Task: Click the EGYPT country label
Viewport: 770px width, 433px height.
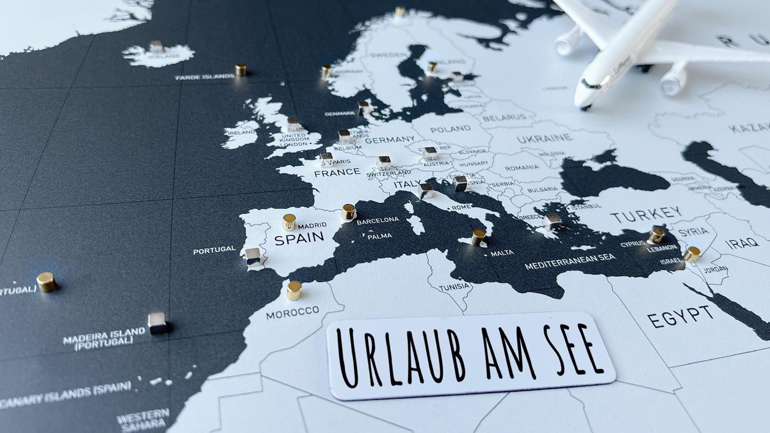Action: pos(680,316)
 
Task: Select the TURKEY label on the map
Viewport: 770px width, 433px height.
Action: pos(646,214)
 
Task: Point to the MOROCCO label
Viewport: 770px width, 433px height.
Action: pos(292,312)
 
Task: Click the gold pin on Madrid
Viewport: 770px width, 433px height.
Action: pos(289,222)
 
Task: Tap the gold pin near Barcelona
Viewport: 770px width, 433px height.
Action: pos(349,212)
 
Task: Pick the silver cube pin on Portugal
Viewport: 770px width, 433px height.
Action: pos(253,257)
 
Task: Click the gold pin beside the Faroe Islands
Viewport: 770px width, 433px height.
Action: pos(241,69)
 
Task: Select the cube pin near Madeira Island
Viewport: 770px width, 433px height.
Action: pos(157,322)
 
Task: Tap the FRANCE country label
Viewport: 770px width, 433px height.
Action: pos(337,173)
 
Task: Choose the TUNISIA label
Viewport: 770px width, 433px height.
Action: pos(455,287)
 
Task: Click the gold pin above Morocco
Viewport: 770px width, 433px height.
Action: pos(294,290)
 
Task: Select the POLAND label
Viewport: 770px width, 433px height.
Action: pos(450,129)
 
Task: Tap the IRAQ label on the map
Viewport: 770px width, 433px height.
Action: pos(742,243)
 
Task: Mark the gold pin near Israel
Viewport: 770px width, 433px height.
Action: pos(691,253)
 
